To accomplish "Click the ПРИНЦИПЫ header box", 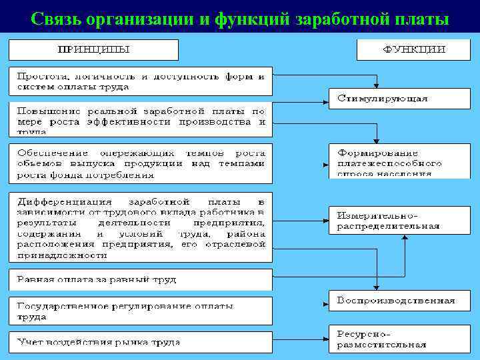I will [x=93, y=50].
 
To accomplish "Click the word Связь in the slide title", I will [x=55, y=18].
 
